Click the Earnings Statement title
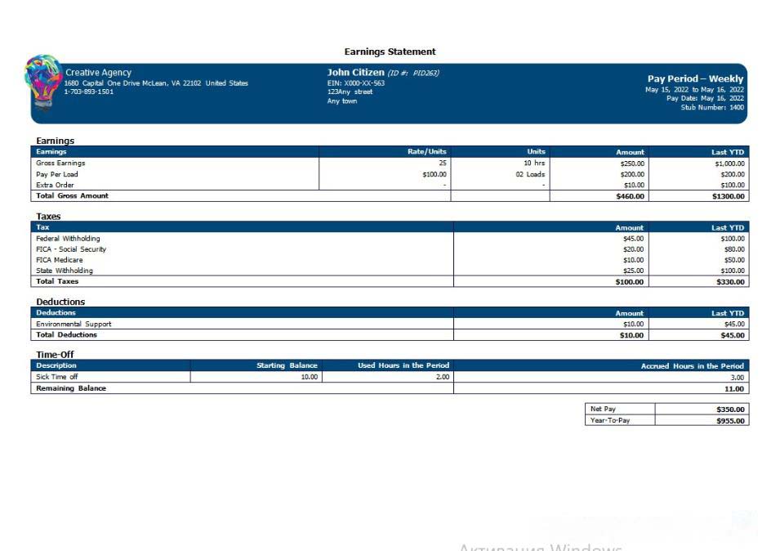(390, 52)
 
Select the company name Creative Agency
(98, 73)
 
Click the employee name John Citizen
(355, 72)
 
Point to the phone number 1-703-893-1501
(89, 92)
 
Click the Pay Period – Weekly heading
(695, 79)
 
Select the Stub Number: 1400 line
(712, 107)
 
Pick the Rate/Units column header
(426, 152)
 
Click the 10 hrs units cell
(534, 163)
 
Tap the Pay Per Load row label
(57, 174)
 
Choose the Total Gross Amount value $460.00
(630, 196)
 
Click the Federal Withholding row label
(68, 239)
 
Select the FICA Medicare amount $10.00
(633, 260)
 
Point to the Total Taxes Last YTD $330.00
(729, 282)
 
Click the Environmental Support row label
(74, 324)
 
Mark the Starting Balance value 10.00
(309, 377)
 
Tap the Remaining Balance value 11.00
(734, 388)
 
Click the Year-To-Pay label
(610, 420)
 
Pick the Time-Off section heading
(55, 354)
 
